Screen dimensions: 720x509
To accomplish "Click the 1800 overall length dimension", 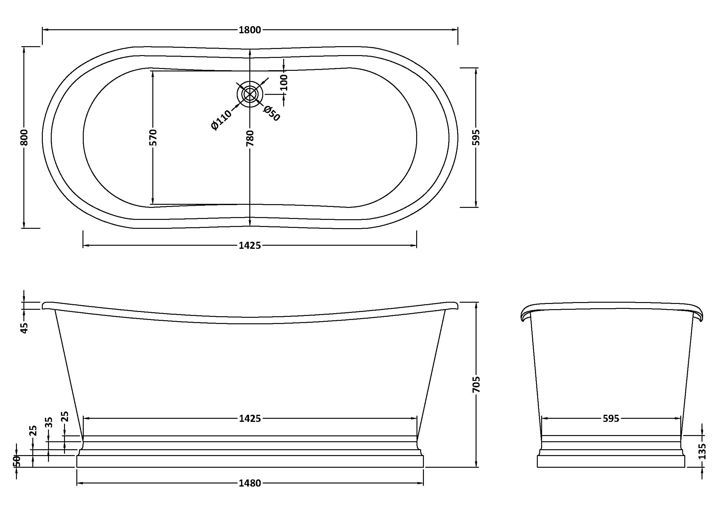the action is click(250, 30).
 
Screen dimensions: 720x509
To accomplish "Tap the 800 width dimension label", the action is click(24, 137).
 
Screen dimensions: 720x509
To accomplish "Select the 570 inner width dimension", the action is click(153, 137).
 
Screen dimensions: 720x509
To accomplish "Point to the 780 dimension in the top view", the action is click(250, 138).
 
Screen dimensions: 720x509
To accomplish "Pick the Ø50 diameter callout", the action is click(272, 113).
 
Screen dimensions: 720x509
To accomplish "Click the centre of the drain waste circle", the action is click(250, 94).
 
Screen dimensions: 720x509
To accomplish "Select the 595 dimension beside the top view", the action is click(476, 137).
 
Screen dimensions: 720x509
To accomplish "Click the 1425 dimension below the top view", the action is click(250, 245).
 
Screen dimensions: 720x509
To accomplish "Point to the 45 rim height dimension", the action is click(24, 328).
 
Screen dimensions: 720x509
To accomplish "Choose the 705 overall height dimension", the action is click(476, 385).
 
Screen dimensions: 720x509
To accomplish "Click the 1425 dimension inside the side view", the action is click(250, 418).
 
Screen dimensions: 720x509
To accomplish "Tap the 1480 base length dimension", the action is click(250, 483).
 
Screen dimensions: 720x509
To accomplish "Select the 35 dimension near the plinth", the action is click(49, 422).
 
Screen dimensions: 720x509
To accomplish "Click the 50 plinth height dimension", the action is click(17, 461).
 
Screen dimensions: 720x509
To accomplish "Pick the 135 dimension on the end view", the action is click(702, 451).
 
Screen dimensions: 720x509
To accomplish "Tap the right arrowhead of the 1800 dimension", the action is click(454, 30).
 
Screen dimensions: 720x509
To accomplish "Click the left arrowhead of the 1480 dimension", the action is click(81, 483).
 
